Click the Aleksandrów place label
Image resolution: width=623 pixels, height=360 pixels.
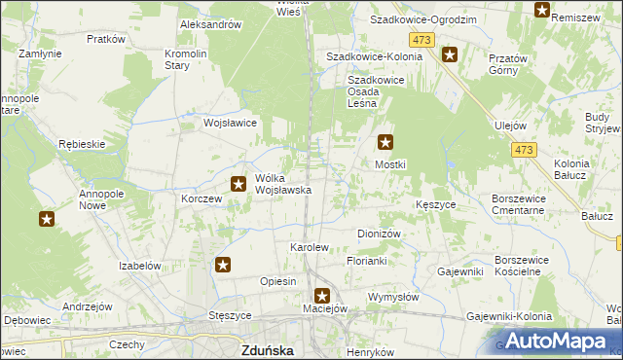click(210, 24)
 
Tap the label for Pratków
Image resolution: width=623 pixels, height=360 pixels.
click(106, 39)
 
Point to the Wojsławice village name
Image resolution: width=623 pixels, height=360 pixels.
click(229, 124)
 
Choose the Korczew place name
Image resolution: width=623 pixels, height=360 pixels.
click(202, 198)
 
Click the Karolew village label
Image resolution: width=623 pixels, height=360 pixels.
click(310, 247)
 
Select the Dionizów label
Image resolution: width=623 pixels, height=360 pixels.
click(380, 234)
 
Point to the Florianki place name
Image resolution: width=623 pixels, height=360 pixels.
click(367, 262)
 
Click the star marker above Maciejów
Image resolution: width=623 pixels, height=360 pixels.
click(322, 296)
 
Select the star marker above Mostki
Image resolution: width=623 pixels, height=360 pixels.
click(386, 143)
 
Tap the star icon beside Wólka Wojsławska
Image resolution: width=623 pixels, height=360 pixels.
click(238, 183)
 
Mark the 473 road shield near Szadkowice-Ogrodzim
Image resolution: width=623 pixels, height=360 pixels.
click(421, 39)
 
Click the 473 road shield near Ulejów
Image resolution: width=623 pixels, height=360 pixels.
click(525, 150)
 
